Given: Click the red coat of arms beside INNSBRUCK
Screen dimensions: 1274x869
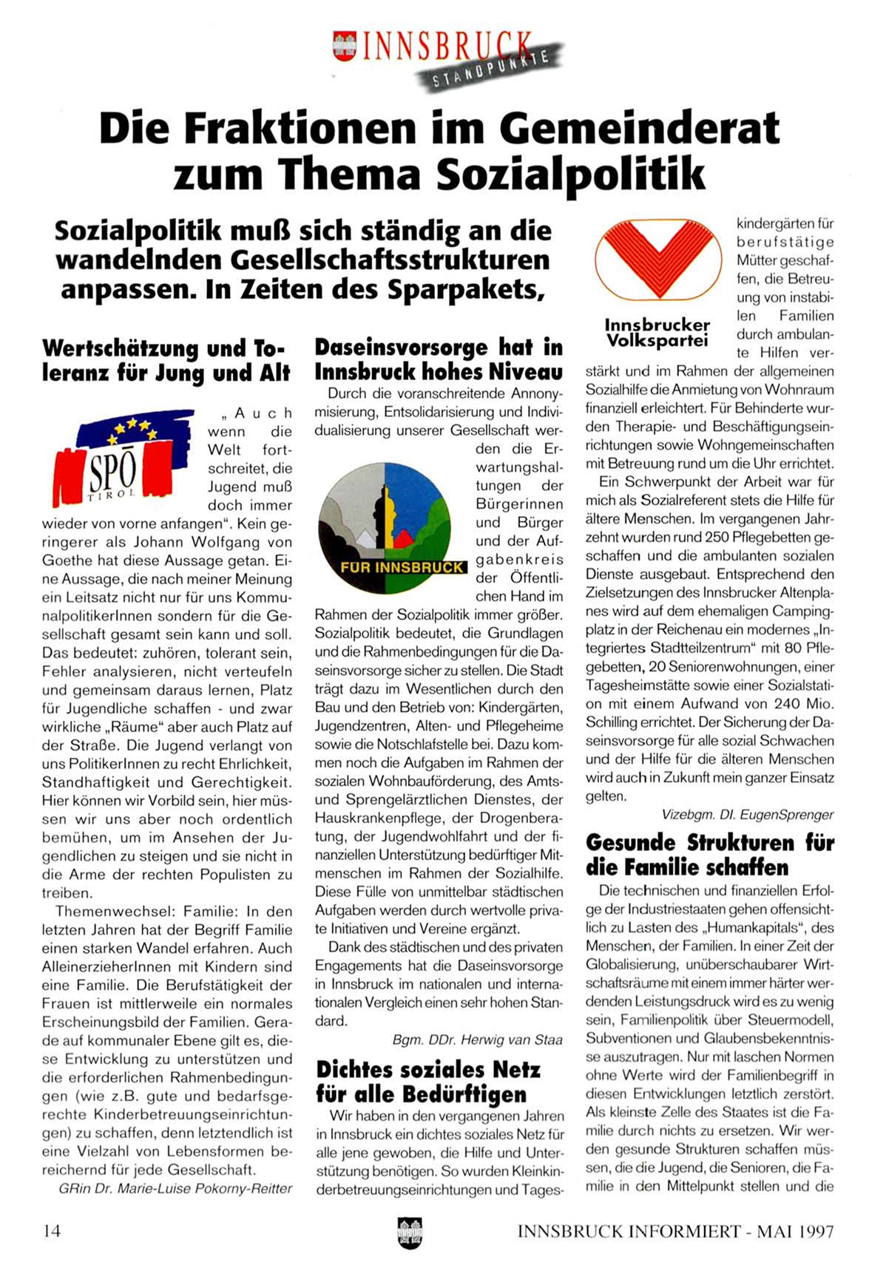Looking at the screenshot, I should (344, 46).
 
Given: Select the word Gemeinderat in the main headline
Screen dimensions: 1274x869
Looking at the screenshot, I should (639, 127).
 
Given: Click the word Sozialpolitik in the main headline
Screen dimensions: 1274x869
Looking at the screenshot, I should (570, 175).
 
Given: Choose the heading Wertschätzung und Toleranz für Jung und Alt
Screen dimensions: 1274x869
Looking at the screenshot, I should (166, 359).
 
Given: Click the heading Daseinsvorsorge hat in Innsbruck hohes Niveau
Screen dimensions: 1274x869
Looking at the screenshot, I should (439, 359).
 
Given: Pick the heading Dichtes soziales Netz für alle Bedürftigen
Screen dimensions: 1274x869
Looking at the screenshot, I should (428, 1081).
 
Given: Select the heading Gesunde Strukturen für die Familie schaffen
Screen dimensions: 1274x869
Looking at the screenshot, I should (709, 854).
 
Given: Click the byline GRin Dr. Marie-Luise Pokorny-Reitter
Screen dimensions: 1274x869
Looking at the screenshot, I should (175, 1188).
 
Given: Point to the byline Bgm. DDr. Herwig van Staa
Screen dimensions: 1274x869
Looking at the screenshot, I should (477, 1040).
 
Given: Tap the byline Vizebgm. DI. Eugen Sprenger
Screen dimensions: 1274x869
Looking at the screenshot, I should (748, 814).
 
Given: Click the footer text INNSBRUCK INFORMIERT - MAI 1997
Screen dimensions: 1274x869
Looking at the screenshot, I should (675, 1231).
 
